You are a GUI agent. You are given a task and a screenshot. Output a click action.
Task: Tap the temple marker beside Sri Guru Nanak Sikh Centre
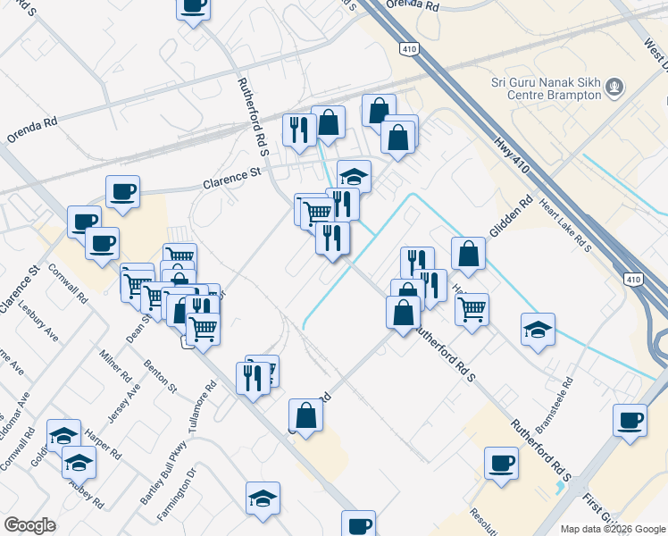coord(614,88)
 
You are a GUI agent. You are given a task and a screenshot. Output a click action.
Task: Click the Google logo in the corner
coord(29,525)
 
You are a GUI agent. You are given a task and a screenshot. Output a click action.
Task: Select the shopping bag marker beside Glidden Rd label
coord(468,255)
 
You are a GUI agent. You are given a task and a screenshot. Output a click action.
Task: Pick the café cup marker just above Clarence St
coord(122,189)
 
